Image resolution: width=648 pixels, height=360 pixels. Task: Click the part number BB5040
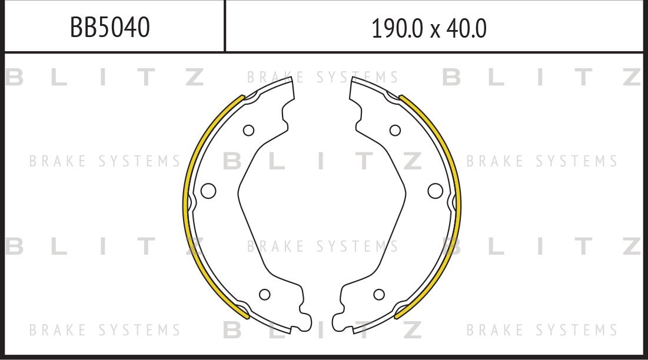click(x=110, y=27)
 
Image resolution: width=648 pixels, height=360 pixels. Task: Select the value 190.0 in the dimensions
click(x=397, y=28)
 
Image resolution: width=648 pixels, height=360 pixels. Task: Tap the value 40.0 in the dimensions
click(x=466, y=28)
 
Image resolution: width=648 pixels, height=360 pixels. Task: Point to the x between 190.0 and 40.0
click(x=435, y=29)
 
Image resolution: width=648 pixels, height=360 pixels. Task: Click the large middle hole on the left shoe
click(x=208, y=191)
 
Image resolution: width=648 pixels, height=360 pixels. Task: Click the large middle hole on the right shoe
click(x=435, y=191)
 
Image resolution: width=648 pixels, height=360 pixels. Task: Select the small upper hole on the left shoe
click(x=248, y=130)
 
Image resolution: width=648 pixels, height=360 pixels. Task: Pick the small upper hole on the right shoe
click(x=395, y=130)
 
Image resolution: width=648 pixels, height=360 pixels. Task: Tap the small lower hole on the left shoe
click(x=264, y=294)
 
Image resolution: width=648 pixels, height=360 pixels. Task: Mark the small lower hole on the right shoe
click(x=379, y=294)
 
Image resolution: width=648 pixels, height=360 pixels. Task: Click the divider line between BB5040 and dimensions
click(x=225, y=26)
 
